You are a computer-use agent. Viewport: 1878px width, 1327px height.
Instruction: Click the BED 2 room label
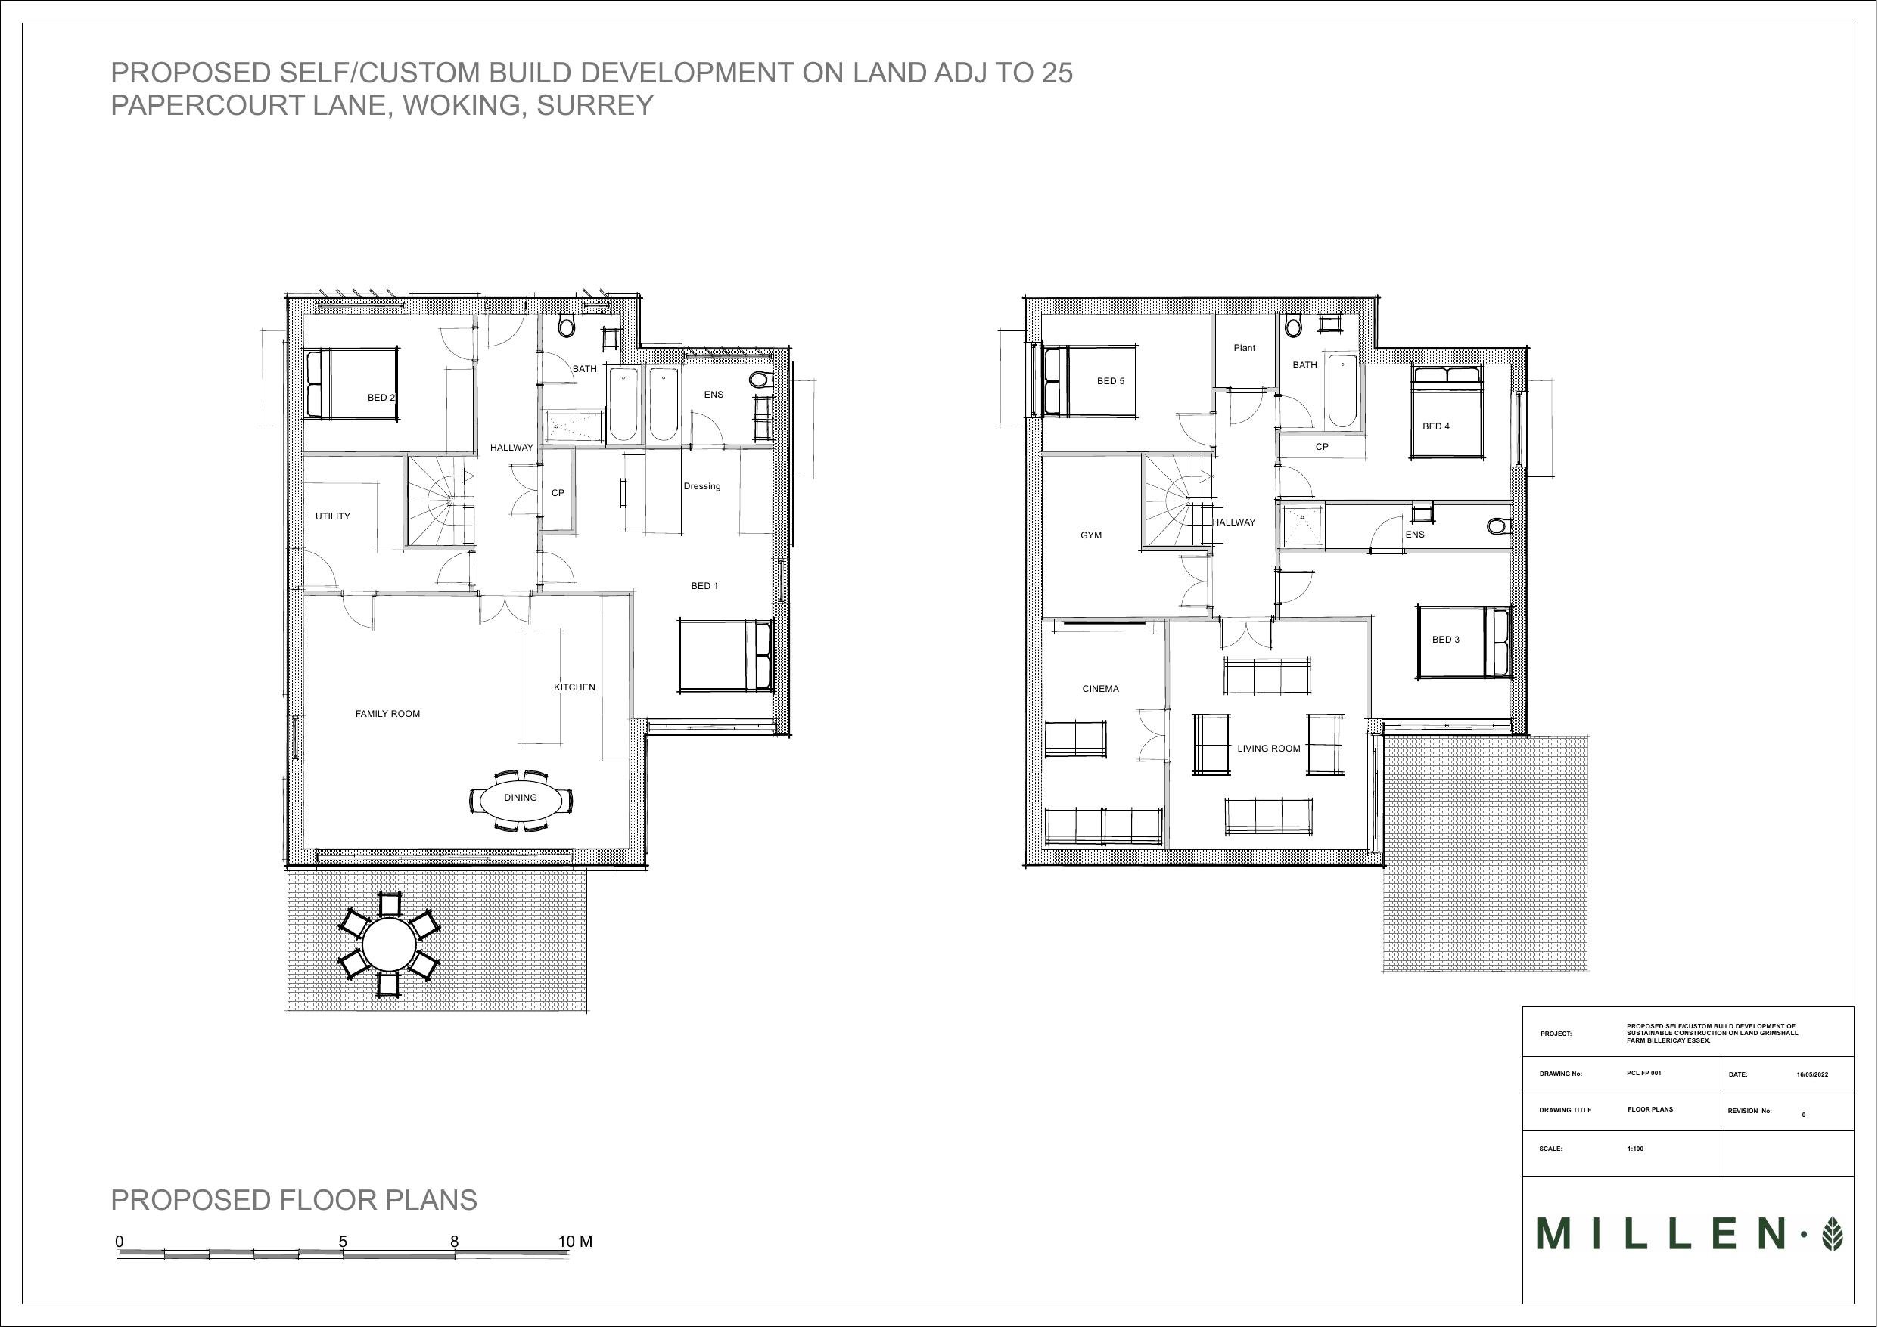[381, 398]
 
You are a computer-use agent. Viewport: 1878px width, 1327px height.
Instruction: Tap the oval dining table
[521, 798]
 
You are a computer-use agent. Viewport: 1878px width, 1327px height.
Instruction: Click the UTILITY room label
[333, 516]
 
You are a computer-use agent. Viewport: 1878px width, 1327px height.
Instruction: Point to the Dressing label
[702, 486]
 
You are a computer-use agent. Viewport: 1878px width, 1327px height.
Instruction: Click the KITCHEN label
[574, 687]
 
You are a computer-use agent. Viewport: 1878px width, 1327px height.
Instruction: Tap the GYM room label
[1091, 535]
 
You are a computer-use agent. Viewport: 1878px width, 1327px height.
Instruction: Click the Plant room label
[1244, 349]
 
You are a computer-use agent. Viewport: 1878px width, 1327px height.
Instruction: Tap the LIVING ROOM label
[1269, 749]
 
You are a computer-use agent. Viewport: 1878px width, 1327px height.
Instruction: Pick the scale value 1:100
[1635, 1149]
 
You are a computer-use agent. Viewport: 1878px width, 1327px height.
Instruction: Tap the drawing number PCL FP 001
[1644, 1073]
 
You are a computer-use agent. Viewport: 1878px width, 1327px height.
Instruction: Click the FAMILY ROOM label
[387, 714]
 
